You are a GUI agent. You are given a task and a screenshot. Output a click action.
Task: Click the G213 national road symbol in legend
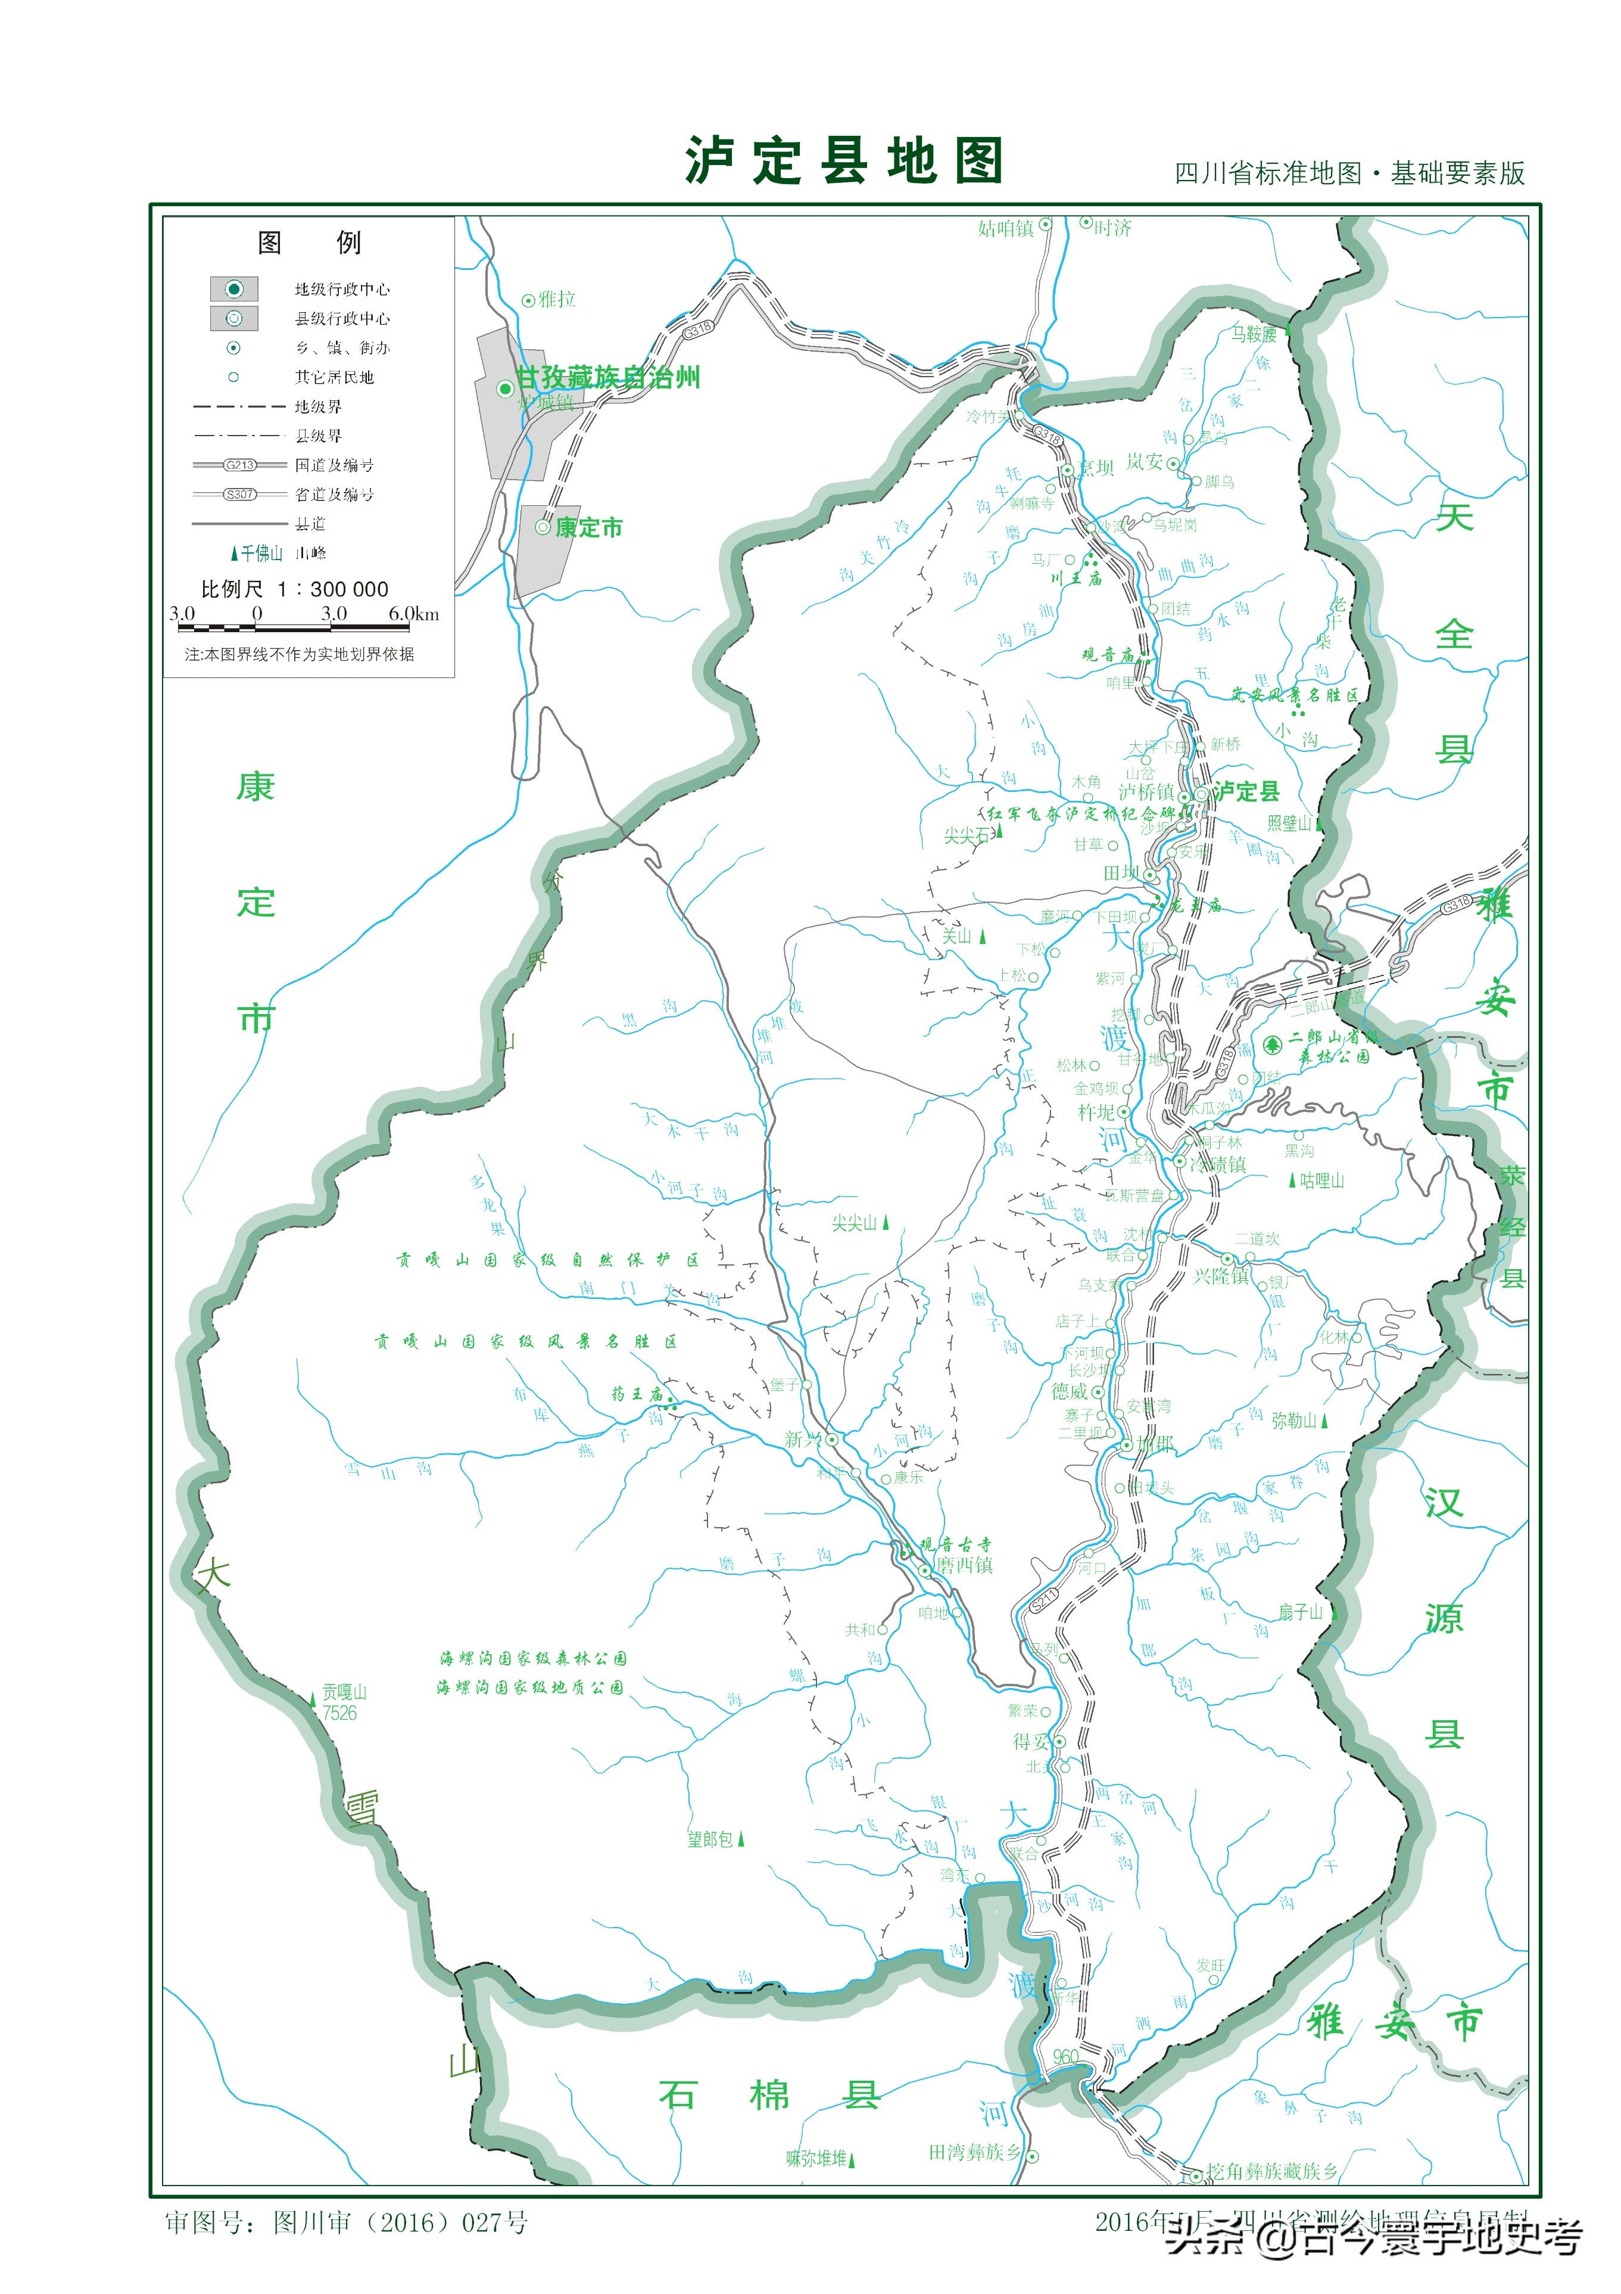(x=240, y=465)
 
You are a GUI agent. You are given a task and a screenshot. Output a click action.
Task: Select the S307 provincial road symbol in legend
(x=240, y=495)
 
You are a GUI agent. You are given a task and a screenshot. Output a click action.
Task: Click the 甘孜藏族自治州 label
(x=607, y=378)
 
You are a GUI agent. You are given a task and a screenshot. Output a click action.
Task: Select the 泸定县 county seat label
(x=1245, y=792)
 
